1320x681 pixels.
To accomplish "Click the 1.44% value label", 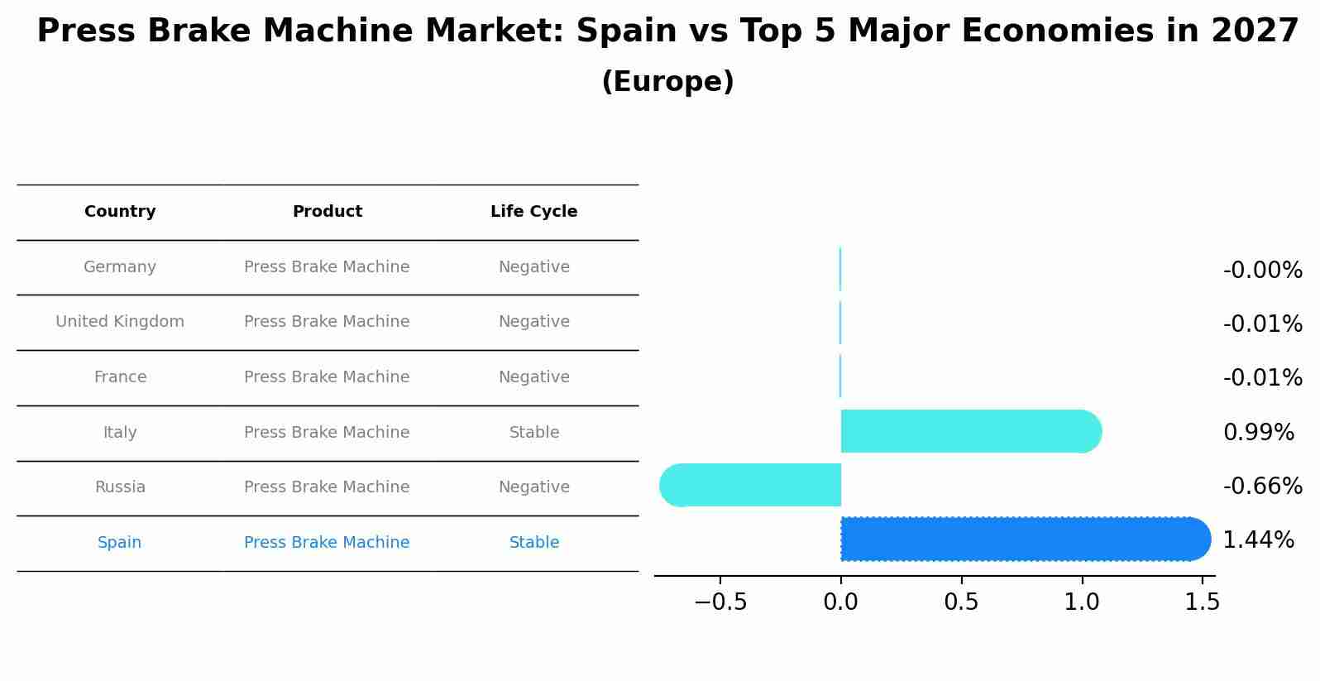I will [x=1258, y=540].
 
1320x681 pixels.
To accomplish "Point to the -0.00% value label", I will [x=1262, y=271].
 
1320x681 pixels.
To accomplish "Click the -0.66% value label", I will [x=1262, y=487].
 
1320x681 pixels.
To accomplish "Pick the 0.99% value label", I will [x=1258, y=433].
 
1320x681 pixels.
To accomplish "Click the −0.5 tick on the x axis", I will [x=720, y=602].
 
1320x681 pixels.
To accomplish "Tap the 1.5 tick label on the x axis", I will [x=1202, y=602].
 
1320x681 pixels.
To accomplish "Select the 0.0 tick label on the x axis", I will [x=840, y=602].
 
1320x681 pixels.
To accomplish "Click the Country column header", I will [x=120, y=212].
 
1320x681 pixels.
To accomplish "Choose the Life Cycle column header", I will [x=533, y=212].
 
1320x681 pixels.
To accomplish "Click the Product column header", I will [x=327, y=212].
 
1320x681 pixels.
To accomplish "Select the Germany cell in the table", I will [x=120, y=267].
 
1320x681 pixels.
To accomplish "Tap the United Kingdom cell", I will [x=120, y=322].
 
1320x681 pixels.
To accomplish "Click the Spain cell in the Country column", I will [x=120, y=543].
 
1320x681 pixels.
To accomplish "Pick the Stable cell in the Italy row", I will [x=533, y=433].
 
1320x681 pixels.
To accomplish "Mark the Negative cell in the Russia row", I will [x=533, y=487].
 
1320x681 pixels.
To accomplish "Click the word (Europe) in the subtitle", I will [x=667, y=82].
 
